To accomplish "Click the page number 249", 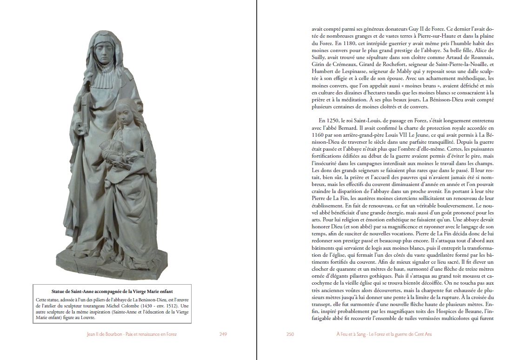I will [x=223, y=333].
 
